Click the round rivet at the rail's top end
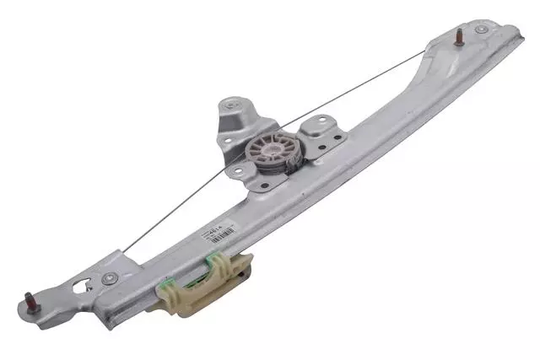481,30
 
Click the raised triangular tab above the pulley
232,118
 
